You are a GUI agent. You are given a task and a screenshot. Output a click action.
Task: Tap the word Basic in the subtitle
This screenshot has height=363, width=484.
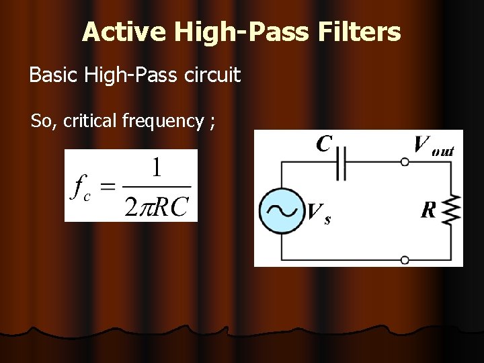pyautogui.click(x=54, y=75)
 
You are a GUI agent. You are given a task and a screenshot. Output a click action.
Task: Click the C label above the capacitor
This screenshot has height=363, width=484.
pyautogui.click(x=324, y=143)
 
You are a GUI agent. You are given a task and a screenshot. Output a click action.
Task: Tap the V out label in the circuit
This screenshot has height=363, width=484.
pyautogui.click(x=434, y=145)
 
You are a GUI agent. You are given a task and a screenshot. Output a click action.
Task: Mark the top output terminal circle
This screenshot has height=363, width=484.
pyautogui.click(x=405, y=162)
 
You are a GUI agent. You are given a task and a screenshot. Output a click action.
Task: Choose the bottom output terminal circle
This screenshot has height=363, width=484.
pyautogui.click(x=405, y=259)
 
